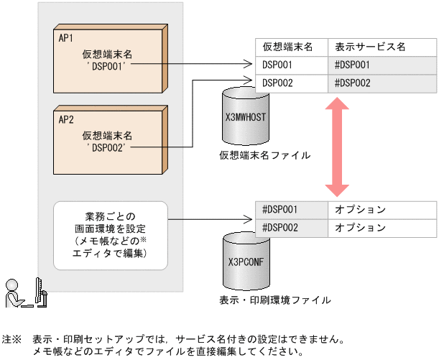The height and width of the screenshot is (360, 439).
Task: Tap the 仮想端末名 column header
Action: click(x=287, y=47)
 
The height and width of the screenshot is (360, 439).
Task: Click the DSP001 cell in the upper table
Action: click(x=277, y=65)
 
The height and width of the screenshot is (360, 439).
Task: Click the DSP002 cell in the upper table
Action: click(x=277, y=83)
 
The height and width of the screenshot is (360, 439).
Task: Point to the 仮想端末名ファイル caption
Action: click(x=255, y=154)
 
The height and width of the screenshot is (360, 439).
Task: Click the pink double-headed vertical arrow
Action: click(x=336, y=147)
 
